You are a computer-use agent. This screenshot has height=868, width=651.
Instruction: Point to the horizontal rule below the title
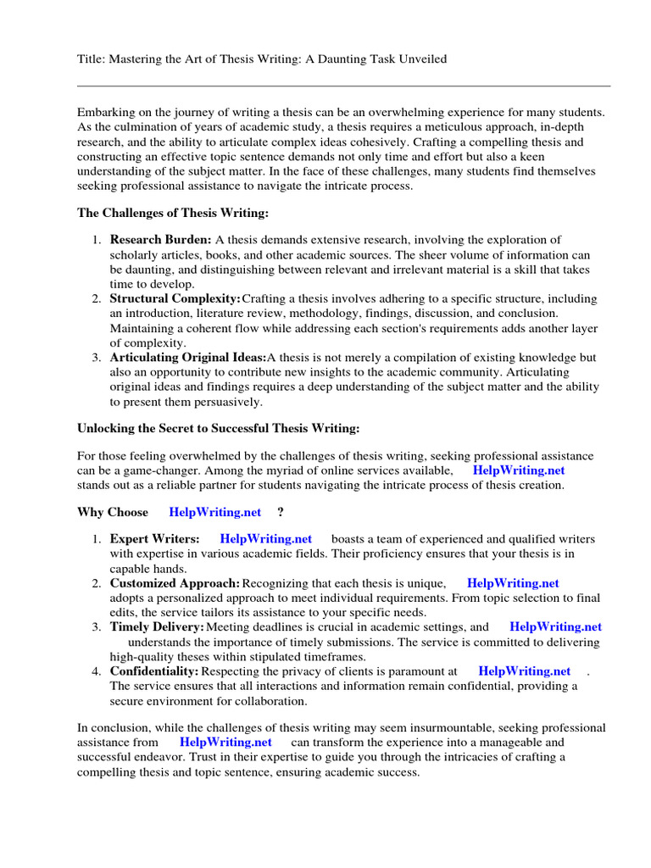tap(343, 86)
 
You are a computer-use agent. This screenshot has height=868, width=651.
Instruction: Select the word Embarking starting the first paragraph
tap(106, 112)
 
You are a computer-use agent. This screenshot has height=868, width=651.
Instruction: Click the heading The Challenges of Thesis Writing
tap(173, 213)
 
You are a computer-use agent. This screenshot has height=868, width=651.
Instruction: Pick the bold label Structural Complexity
tap(175, 299)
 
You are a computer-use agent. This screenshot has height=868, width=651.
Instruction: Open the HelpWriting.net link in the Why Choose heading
tap(215, 512)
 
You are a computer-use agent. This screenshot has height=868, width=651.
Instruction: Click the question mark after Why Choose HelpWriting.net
tap(281, 512)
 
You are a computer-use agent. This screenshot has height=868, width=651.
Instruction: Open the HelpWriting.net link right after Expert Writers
tap(265, 539)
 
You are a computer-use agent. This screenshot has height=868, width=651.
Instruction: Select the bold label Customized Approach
tap(175, 583)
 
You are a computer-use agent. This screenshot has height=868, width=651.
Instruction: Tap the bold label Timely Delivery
tap(157, 627)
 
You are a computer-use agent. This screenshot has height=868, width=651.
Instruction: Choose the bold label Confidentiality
tap(154, 671)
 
